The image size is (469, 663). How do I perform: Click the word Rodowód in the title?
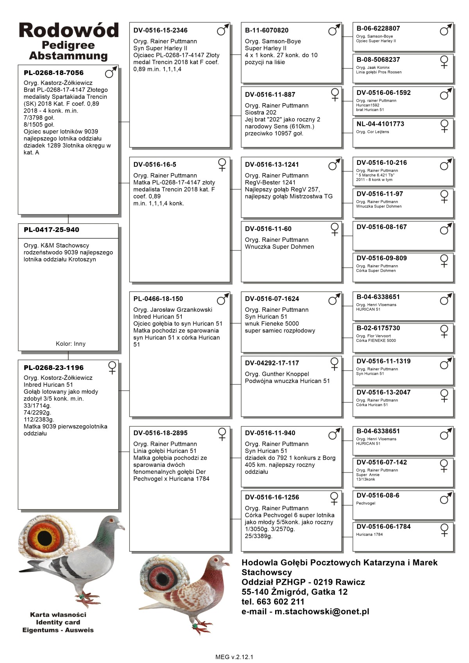[68, 30]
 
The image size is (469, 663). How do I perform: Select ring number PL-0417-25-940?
[51, 230]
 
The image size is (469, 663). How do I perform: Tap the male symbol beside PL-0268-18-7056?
[111, 72]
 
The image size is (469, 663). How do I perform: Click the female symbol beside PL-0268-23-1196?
[112, 368]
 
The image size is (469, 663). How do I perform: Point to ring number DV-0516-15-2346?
[160, 30]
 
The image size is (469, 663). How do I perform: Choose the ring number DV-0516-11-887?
[270, 95]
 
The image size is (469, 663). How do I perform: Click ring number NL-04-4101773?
[380, 124]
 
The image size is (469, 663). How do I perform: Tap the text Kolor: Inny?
[70, 344]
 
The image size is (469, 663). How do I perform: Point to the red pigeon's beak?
[226, 564]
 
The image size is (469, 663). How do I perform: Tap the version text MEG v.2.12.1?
[234, 657]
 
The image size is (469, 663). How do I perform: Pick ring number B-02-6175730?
[378, 328]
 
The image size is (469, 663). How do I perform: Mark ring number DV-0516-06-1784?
[383, 527]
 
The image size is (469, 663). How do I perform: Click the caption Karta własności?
[58, 615]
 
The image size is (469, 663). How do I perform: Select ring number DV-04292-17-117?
[272, 363]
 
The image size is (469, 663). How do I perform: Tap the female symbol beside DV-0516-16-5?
[222, 164]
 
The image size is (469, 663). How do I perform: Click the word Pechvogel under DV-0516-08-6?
[365, 503]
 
